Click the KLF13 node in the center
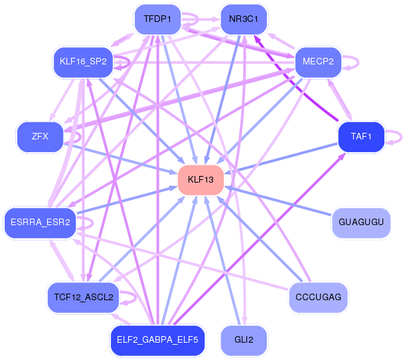tap(201, 180)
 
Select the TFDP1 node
tap(157, 20)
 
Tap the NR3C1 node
tap(243, 20)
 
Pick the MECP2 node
tap(317, 62)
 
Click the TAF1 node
tap(361, 137)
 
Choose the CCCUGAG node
tap(318, 297)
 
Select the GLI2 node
tap(244, 339)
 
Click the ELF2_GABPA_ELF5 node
tap(158, 339)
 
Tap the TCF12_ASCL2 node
tap(83, 297)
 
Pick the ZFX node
tap(39, 137)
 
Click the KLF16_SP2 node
tap(83, 62)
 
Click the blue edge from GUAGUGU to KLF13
tap(279, 200)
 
